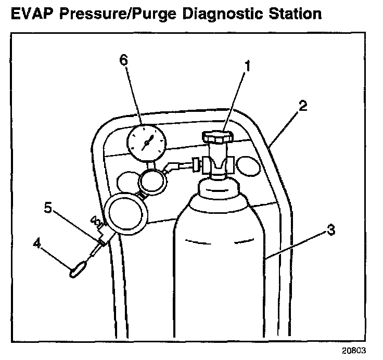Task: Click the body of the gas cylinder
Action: click(219, 260)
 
